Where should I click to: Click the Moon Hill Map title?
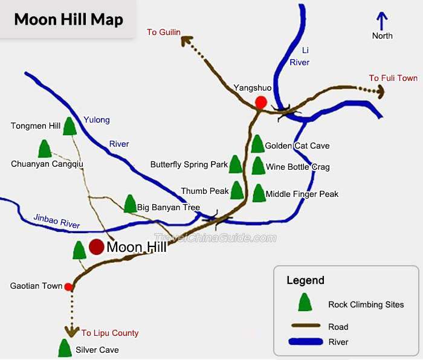(x=68, y=19)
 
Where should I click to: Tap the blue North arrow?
(x=381, y=21)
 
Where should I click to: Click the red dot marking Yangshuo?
(x=260, y=102)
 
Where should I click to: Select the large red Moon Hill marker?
(x=96, y=247)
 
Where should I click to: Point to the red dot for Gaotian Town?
(x=69, y=286)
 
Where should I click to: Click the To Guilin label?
(x=164, y=32)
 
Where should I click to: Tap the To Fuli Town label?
(x=393, y=78)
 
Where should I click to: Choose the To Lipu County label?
(x=110, y=333)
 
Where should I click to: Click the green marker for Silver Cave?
(x=64, y=348)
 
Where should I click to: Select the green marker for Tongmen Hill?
(x=69, y=126)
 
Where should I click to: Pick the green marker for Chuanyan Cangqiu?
(x=44, y=149)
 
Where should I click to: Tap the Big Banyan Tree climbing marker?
(x=129, y=204)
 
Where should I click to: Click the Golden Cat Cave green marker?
(x=257, y=144)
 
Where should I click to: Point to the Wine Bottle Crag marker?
(x=258, y=166)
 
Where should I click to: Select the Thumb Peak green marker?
(x=237, y=191)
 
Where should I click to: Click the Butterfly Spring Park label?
(x=189, y=164)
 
